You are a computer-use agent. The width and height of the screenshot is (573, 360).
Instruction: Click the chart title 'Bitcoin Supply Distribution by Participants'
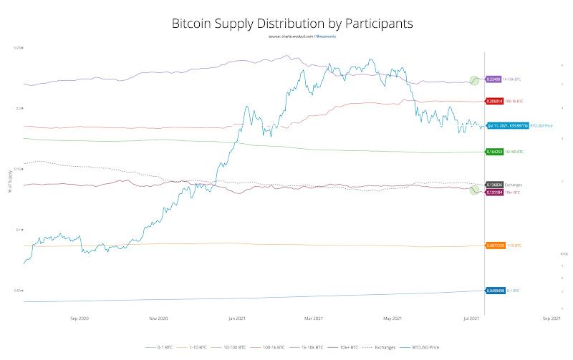(292, 23)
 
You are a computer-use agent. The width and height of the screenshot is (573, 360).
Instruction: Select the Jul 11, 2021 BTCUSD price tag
(508, 126)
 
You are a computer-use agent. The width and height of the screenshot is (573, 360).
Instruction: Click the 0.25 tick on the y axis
(18, 47)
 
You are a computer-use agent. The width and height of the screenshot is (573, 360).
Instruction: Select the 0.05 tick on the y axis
(18, 291)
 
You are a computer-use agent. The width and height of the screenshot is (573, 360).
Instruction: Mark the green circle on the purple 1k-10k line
(473, 80)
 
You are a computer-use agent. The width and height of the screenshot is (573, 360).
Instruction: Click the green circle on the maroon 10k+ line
(473, 190)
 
